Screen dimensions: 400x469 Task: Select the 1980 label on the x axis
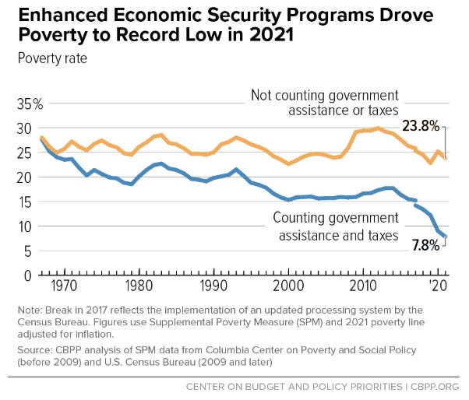point(139,285)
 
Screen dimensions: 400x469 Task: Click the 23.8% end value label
point(420,125)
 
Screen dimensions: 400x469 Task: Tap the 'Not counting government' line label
point(324,95)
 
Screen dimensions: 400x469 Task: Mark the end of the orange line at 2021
point(445,158)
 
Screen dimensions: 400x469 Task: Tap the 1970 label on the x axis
point(64,285)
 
